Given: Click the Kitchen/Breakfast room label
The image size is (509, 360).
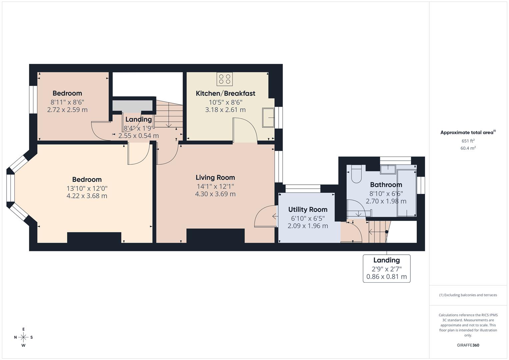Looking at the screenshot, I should (225, 93).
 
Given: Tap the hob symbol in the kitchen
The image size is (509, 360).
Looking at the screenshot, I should (224, 79).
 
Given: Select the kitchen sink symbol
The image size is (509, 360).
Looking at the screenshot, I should (268, 117).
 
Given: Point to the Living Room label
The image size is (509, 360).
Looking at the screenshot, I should (215, 178).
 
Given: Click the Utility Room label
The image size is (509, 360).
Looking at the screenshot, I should (308, 210).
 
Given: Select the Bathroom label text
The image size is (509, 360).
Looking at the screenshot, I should (386, 185).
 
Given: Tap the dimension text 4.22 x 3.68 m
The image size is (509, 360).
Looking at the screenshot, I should (87, 196).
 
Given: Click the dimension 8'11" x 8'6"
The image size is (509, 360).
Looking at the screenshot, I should (67, 102).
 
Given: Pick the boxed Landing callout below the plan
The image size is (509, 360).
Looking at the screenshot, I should (386, 269).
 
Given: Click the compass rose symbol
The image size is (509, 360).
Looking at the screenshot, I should (23, 337).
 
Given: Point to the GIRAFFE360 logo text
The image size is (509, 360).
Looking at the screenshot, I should (468, 345).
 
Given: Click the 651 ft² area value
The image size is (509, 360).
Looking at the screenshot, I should (468, 141).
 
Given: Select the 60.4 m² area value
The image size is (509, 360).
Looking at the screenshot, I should (468, 148).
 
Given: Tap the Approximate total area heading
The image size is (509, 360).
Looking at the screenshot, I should (468, 132).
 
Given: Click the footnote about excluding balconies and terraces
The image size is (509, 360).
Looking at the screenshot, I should (468, 295).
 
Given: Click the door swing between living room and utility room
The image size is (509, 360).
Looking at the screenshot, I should (265, 217).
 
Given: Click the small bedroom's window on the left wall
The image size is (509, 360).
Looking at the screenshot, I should (33, 100).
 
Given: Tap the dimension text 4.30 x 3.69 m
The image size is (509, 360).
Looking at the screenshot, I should (215, 194).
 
